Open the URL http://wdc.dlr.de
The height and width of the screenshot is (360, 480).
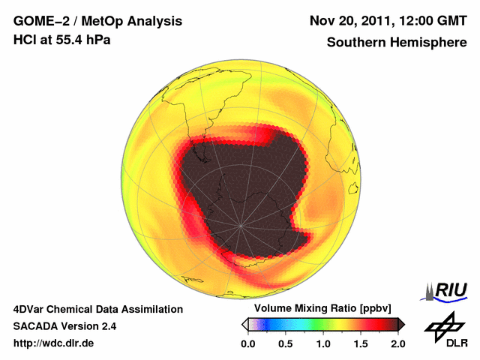54,343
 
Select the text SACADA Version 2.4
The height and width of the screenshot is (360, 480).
64,326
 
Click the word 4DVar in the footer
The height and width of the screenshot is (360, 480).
30,309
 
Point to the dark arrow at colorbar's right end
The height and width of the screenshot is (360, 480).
401,324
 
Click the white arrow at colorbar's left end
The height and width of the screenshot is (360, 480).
244,324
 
